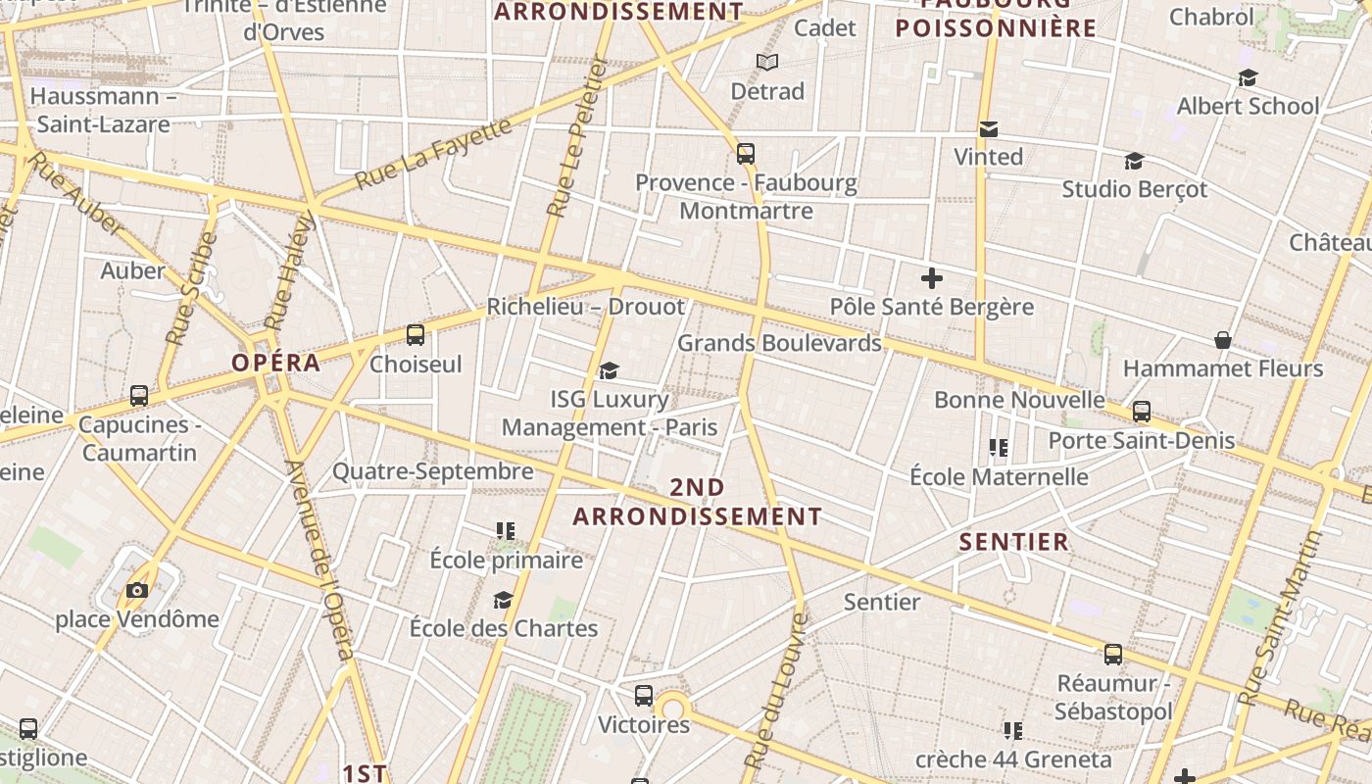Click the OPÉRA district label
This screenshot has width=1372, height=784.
[x=276, y=363]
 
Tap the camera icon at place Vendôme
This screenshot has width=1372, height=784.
[x=137, y=590]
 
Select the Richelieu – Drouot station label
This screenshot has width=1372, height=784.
[x=586, y=307]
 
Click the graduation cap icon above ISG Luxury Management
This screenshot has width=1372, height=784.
[x=610, y=370]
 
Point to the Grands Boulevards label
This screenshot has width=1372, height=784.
[x=779, y=343]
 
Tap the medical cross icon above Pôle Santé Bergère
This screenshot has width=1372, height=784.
[x=932, y=278]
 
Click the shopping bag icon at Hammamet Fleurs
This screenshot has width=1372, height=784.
[x=1223, y=340]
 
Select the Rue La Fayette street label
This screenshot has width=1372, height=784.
[x=433, y=153]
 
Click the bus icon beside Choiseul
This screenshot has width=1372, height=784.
[x=416, y=335]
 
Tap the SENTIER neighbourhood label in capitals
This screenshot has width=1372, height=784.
[x=1013, y=542]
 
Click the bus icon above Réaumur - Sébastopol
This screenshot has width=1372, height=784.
[x=1113, y=655]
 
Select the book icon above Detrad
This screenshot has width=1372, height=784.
[x=767, y=63]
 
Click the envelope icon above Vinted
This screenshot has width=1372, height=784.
[x=989, y=129]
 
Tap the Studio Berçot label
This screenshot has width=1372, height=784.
[x=1135, y=189]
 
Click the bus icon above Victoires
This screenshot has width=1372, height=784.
[x=644, y=696]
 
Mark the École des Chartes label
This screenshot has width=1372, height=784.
[x=504, y=628]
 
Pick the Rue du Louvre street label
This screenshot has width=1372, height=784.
[x=776, y=691]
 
